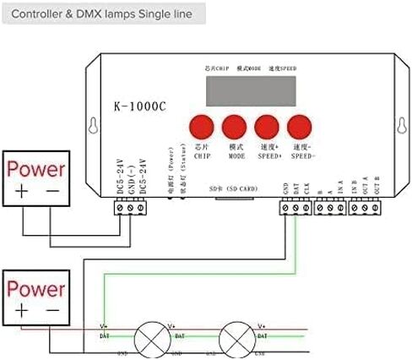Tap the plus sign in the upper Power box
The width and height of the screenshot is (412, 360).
[20, 193]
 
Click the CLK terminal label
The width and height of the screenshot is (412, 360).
[306, 188]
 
